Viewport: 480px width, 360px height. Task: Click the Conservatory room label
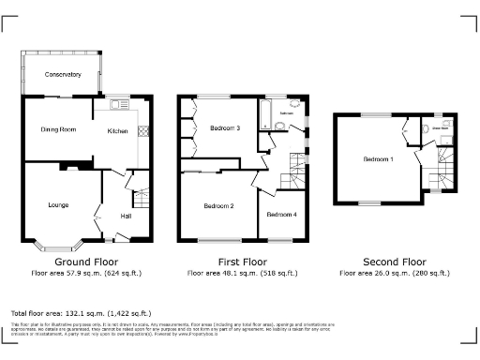(62, 74)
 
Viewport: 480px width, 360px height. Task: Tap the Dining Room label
(57, 129)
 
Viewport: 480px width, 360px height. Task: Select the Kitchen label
(118, 131)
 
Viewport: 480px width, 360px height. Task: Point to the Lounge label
(60, 203)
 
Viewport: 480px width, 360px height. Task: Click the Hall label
(126, 216)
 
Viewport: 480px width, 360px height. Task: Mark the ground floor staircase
(142, 199)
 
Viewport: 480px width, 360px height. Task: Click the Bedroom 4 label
(280, 215)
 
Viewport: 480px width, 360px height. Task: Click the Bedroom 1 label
(379, 159)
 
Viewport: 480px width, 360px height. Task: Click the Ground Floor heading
(86, 262)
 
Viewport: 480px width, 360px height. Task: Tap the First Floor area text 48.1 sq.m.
(243, 273)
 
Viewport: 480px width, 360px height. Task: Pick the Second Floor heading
(394, 262)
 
